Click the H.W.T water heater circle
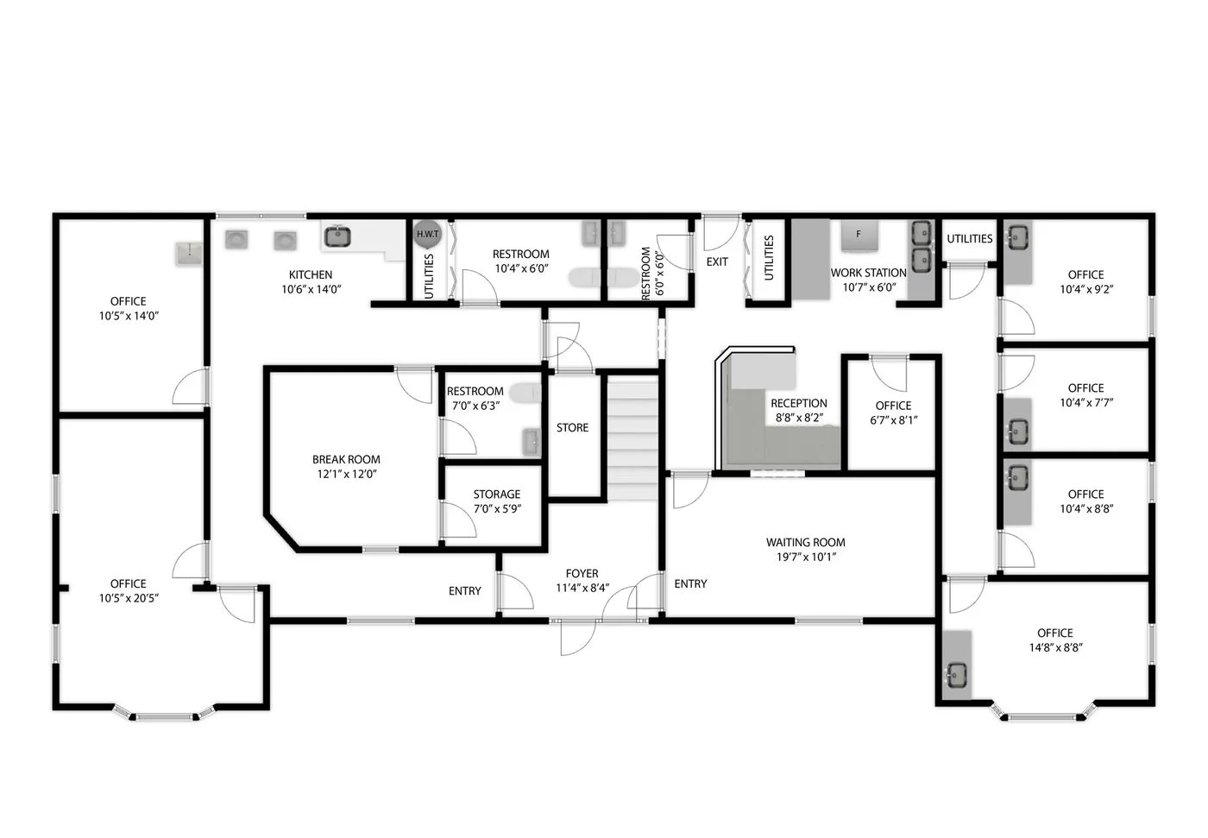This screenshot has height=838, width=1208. (427, 234)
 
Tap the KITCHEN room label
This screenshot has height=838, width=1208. (311, 274)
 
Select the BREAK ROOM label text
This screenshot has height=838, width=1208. (346, 459)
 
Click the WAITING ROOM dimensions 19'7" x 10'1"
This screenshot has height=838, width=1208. (806, 557)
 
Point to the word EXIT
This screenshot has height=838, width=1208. (717, 261)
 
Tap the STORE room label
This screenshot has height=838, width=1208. (572, 427)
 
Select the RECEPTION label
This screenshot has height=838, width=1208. (799, 403)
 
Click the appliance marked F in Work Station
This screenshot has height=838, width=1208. (859, 236)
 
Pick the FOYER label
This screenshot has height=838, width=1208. (582, 573)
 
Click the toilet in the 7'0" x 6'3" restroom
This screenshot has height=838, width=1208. (525, 393)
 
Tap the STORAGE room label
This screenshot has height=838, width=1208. (497, 494)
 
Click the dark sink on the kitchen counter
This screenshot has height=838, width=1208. (337, 236)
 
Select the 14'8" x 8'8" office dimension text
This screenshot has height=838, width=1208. (1055, 647)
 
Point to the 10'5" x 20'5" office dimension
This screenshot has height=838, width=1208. (129, 598)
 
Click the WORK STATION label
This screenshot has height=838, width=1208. (868, 273)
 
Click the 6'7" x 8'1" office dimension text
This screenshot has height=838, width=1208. (894, 420)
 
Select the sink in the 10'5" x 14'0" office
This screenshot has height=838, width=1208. (189, 254)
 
